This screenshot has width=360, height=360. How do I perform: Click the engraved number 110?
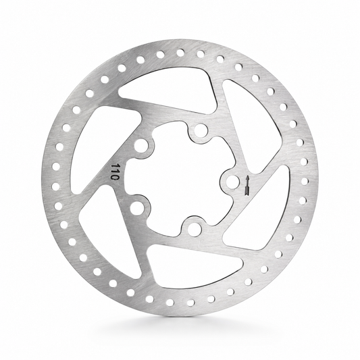coord(114,172)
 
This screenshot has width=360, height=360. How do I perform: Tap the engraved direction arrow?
coord(247,186)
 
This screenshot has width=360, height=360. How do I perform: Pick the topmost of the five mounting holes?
coord(201,130)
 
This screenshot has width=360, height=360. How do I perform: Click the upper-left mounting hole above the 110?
coord(140,146)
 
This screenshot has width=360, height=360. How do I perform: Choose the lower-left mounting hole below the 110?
coord(136,208)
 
